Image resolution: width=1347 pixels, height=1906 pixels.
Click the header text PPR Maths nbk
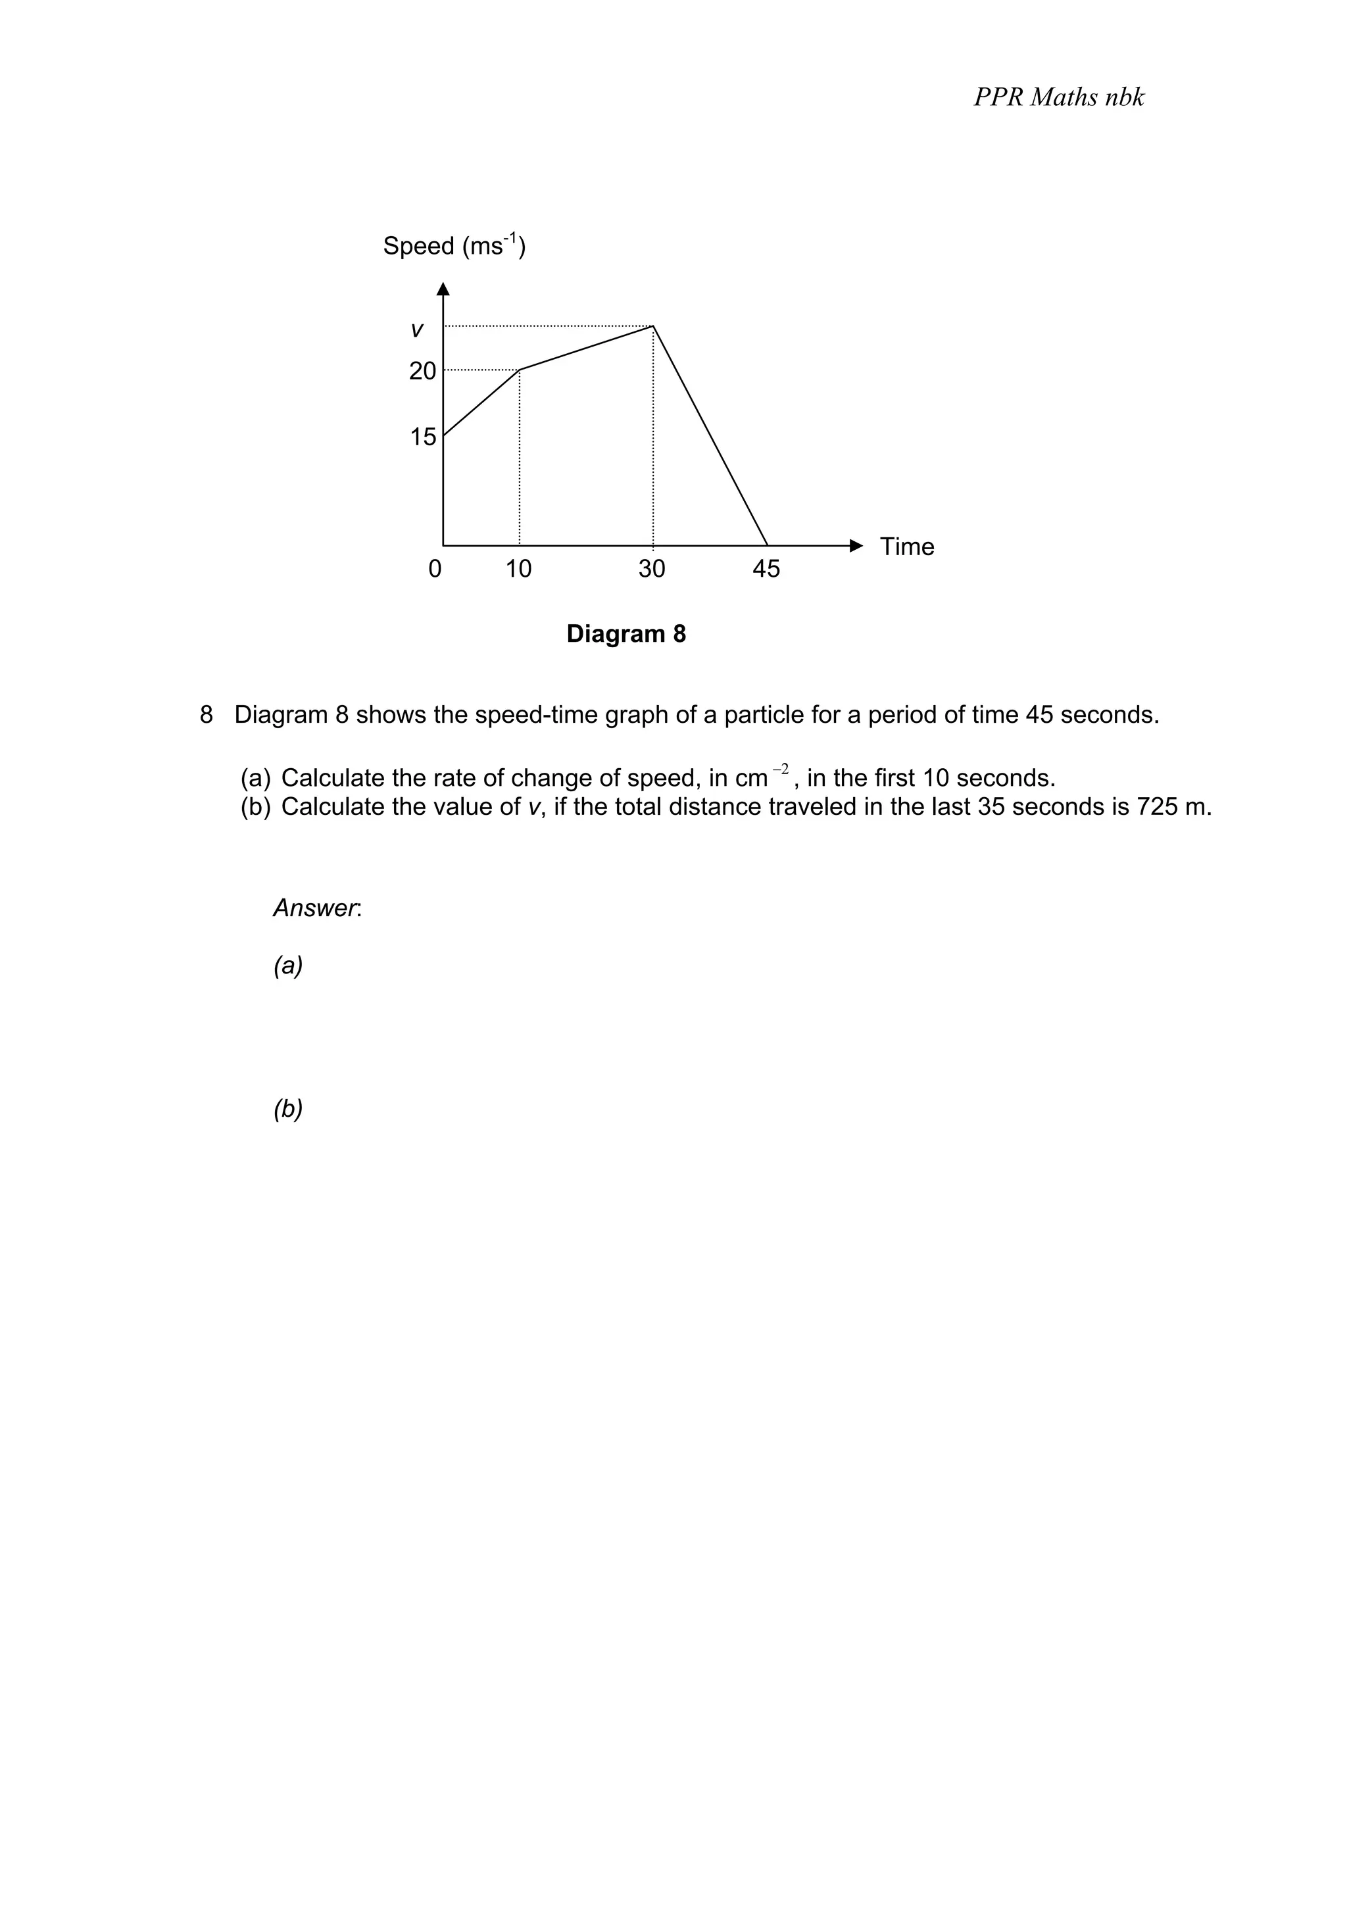point(1058,98)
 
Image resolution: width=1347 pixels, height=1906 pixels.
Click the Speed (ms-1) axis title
point(453,246)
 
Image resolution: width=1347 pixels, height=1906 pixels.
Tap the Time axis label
point(906,547)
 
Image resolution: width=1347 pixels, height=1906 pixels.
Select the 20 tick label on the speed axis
point(422,371)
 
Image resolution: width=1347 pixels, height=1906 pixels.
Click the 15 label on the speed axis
point(422,437)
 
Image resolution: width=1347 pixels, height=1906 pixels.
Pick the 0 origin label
point(434,569)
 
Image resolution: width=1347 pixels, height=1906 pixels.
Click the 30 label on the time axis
point(652,569)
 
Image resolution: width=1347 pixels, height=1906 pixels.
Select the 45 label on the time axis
point(766,569)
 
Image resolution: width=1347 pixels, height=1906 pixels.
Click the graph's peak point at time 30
point(653,326)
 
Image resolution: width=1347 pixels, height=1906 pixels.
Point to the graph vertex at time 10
point(520,370)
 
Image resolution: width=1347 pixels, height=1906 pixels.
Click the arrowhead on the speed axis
point(443,289)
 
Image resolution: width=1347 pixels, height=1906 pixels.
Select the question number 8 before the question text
point(206,715)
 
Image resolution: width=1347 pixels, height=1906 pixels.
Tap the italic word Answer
point(316,908)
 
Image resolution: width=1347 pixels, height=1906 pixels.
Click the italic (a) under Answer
point(288,965)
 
